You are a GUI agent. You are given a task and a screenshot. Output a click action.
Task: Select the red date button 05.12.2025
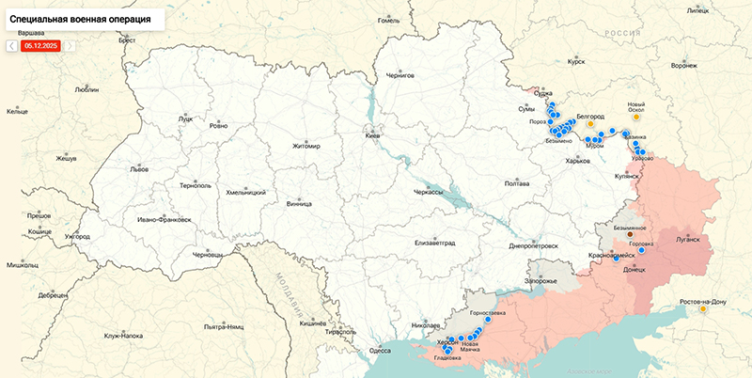pyautogui.click(x=41, y=44)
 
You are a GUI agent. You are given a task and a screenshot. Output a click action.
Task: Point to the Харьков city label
pyautogui.click(x=578, y=161)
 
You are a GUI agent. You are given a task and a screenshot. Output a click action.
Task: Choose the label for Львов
pyautogui.click(x=139, y=169)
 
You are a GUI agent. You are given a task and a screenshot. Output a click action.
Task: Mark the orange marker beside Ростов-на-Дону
pyautogui.click(x=703, y=308)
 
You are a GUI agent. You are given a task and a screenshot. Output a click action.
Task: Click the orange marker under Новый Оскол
pyautogui.click(x=636, y=118)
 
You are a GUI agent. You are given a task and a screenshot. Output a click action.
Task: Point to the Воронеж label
pyautogui.click(x=684, y=66)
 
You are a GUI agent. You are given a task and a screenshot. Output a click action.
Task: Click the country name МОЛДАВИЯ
pyautogui.click(x=280, y=282)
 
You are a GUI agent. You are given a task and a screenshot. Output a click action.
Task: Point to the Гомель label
pyautogui.click(x=388, y=20)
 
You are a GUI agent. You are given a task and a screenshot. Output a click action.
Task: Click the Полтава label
pyautogui.click(x=517, y=183)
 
